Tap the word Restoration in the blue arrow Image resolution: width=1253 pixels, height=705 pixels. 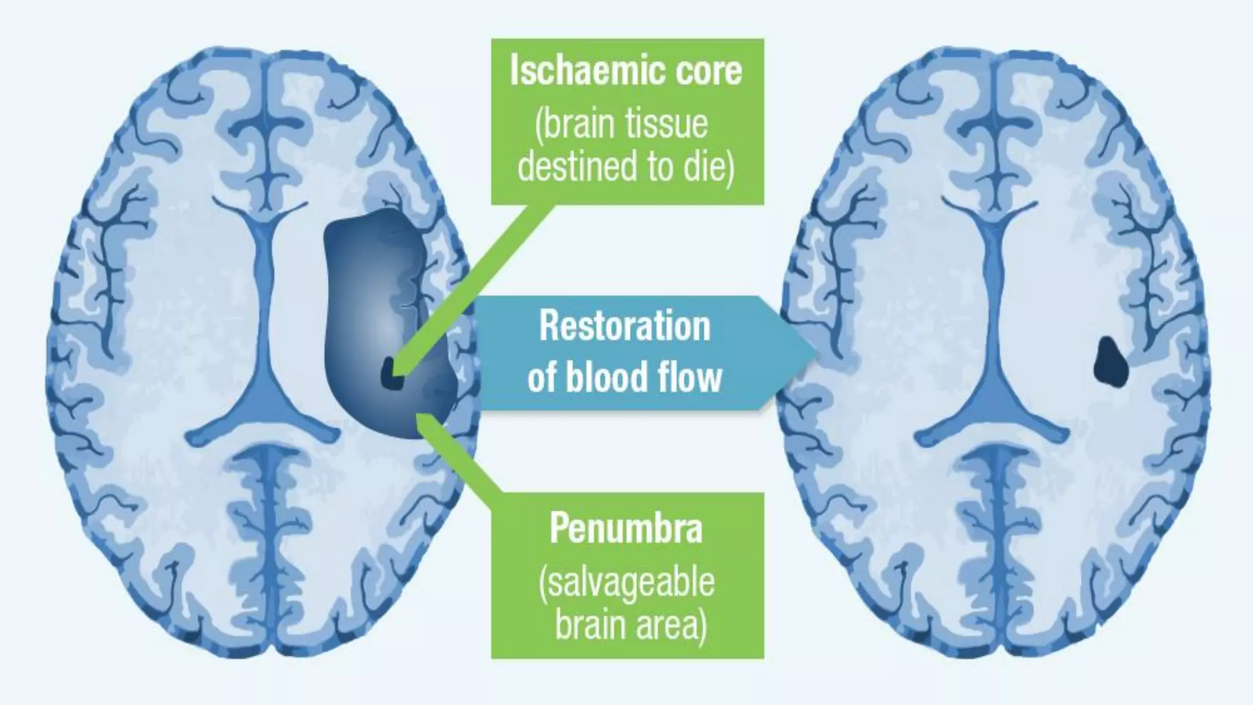tap(625, 327)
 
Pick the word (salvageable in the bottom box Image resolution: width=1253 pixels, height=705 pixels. tap(626, 583)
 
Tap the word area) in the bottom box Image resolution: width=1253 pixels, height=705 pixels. tap(672, 625)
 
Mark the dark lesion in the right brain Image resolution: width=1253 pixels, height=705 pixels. tap(1110, 362)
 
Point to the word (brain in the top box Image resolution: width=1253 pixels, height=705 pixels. tap(575, 124)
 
